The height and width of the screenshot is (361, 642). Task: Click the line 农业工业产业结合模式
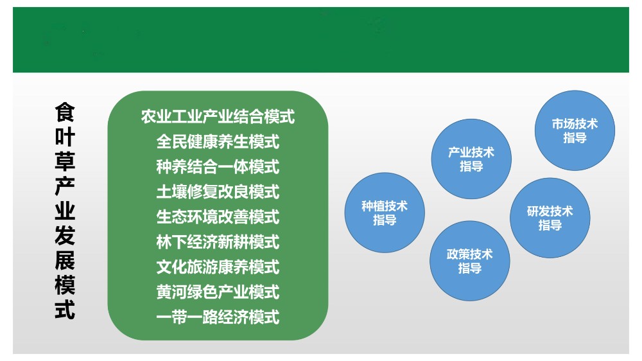218,117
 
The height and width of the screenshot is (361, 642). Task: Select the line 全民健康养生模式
218,142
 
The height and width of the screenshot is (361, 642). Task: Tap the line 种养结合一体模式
218,167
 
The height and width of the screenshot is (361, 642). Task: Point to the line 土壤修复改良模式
218,192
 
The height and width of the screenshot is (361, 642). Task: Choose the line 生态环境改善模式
218,216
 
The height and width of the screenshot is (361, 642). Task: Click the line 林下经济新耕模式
218,242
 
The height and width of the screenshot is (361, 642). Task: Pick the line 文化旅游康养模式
218,267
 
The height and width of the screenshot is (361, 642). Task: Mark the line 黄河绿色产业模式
218,292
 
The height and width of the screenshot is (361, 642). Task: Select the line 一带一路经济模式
218,317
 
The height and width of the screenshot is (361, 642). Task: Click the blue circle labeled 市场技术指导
575,130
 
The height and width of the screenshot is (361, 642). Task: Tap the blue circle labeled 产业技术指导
471,159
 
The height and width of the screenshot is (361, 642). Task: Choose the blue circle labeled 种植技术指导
385,213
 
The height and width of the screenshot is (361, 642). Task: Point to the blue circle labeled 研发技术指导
550,218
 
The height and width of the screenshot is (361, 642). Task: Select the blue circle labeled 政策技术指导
470,261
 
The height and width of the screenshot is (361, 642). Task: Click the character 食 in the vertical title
65,112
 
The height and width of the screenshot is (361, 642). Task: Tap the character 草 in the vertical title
65,161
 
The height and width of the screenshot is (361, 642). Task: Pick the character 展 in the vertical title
65,260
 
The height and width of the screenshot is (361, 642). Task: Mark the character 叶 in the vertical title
65,137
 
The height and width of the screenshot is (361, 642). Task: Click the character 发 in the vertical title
65,236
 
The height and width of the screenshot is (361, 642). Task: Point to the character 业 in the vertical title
65,211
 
